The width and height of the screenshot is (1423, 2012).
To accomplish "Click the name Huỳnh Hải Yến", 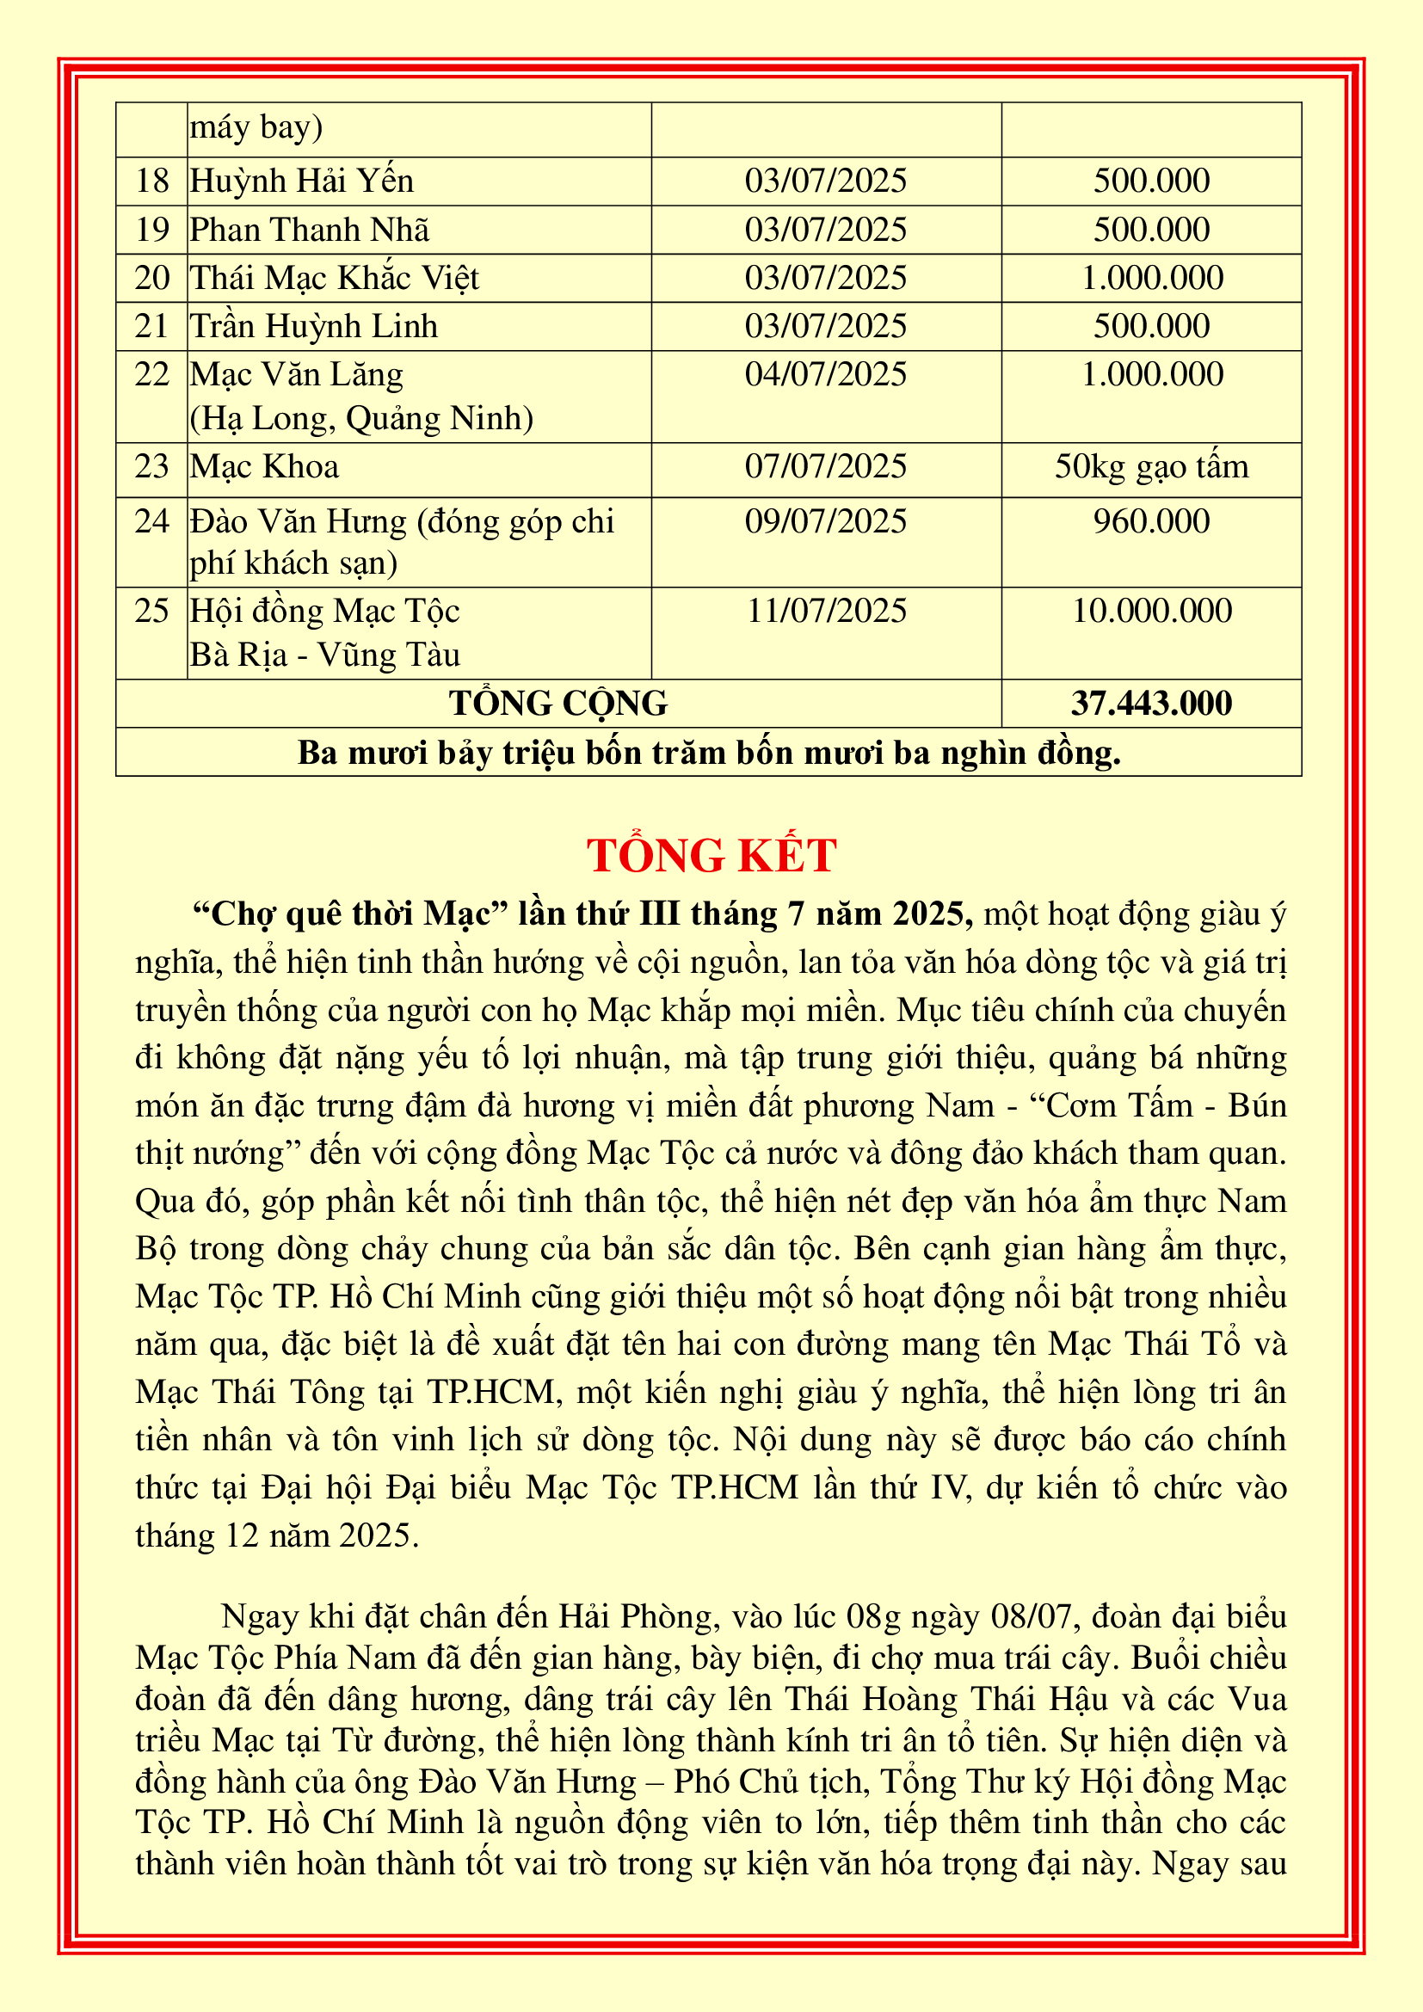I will (x=301, y=182).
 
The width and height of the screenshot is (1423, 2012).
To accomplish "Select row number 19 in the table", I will (x=151, y=230).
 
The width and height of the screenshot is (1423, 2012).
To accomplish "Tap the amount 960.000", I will (x=1150, y=521).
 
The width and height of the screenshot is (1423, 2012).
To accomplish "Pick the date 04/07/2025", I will (x=825, y=374).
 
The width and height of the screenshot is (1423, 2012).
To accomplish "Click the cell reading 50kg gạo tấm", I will (x=1150, y=466).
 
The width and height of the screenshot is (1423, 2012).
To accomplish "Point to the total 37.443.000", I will (x=1150, y=703).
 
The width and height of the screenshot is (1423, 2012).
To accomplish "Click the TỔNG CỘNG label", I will (x=558, y=703).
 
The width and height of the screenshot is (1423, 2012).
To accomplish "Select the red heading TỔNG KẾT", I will (x=711, y=855).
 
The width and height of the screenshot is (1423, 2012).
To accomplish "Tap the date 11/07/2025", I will (x=825, y=611).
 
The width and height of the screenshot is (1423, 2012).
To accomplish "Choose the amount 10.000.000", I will (x=1150, y=611).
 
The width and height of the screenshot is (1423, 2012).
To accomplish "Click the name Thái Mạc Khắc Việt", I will (x=335, y=278).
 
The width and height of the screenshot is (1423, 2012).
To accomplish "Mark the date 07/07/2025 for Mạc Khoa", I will (x=825, y=466).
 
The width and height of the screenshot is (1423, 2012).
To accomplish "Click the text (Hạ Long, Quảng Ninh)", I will (x=361, y=419).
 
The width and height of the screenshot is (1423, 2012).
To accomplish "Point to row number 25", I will (x=151, y=611).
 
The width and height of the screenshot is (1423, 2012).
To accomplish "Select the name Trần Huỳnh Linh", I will (x=314, y=326).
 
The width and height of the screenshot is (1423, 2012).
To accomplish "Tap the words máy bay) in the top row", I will (x=256, y=128).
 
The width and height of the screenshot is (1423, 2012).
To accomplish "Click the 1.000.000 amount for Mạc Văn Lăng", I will (x=1150, y=374).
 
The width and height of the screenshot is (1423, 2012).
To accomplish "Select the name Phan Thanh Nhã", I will (x=310, y=230).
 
